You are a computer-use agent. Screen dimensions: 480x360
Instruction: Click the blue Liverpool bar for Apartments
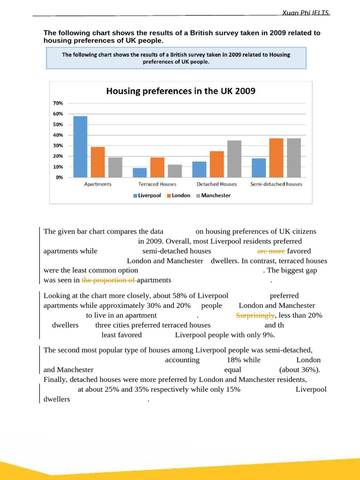[80, 147]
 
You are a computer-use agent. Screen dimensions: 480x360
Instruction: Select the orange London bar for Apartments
[97, 162]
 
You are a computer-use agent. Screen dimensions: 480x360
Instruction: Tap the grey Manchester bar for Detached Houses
[234, 159]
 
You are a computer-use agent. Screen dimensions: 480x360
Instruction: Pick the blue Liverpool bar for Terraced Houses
[140, 172]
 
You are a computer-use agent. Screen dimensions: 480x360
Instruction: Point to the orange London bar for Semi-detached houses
[276, 158]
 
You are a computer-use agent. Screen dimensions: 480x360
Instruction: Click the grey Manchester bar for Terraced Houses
[174, 171]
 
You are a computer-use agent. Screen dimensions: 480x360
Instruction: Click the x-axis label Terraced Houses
[157, 184]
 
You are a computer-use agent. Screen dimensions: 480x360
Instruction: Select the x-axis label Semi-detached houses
[276, 184]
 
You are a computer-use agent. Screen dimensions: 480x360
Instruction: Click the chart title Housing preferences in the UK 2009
[180, 91]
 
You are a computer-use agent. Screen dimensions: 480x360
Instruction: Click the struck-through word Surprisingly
[255, 315]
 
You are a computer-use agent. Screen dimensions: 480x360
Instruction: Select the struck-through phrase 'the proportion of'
[109, 280]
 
